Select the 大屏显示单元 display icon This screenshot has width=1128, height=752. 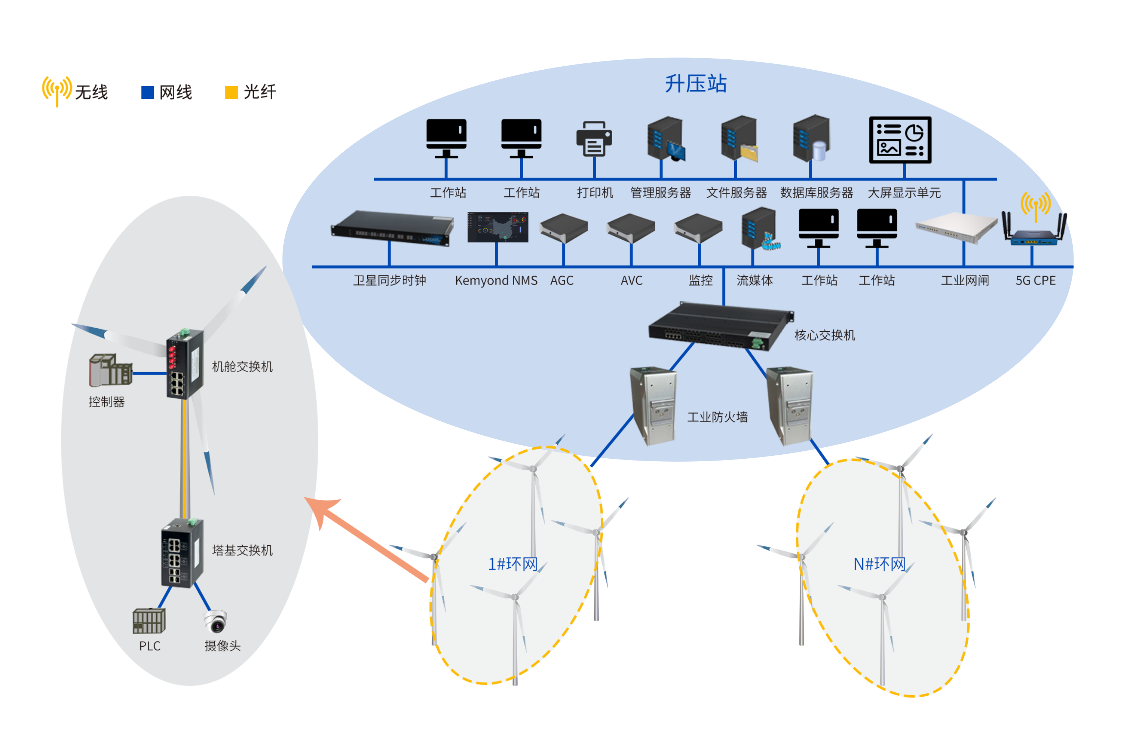click(x=900, y=140)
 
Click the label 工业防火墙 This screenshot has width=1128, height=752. click(x=717, y=417)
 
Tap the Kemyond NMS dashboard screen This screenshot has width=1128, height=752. click(x=498, y=227)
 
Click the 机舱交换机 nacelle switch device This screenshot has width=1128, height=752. click(x=184, y=364)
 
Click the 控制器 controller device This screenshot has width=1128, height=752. click(x=110, y=370)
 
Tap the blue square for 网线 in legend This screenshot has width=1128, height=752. click(x=148, y=92)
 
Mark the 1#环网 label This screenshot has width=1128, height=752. click(x=512, y=564)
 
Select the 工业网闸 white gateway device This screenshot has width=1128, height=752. click(x=956, y=227)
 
